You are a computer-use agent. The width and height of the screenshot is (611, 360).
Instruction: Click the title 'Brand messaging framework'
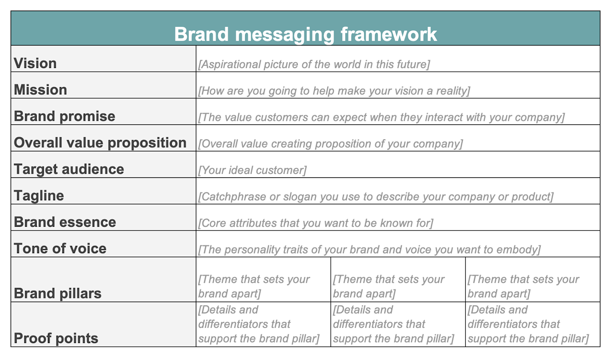305,34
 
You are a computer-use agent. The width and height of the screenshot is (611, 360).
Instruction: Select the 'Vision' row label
35,63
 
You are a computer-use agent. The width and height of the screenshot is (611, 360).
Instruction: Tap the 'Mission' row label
41,89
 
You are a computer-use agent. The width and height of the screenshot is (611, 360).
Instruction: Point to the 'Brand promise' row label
65,116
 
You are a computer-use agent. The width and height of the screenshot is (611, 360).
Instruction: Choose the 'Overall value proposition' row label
100,143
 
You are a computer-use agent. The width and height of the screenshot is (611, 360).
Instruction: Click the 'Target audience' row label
69,169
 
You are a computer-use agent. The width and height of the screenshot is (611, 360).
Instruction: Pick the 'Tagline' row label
39,195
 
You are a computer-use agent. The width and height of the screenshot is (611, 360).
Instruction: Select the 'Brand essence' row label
65,222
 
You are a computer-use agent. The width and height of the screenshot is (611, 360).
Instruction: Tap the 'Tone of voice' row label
60,248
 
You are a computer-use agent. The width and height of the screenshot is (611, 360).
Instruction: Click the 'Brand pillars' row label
58,293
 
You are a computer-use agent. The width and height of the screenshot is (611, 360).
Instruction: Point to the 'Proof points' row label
56,338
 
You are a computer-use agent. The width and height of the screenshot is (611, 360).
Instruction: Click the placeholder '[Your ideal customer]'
253,170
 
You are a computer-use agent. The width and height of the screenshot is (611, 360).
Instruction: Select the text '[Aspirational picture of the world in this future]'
314,64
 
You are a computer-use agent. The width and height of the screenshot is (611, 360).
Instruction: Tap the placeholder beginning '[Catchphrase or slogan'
376,197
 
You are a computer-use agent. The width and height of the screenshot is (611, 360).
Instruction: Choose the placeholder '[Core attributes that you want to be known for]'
316,223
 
